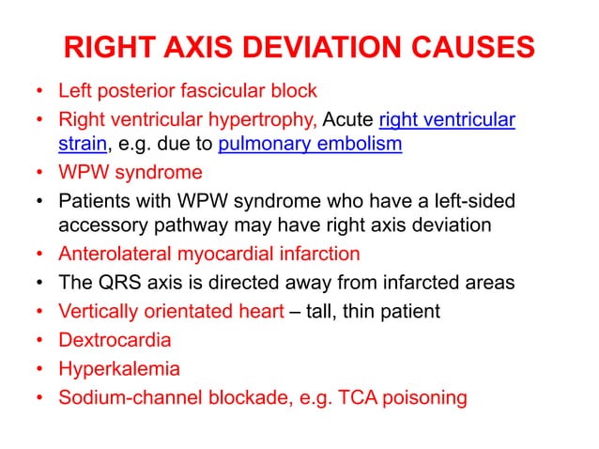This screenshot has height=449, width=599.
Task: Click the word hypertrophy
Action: click(272, 119)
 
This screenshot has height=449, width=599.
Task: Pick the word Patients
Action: click(94, 199)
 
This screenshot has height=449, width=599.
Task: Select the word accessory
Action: click(100, 225)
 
